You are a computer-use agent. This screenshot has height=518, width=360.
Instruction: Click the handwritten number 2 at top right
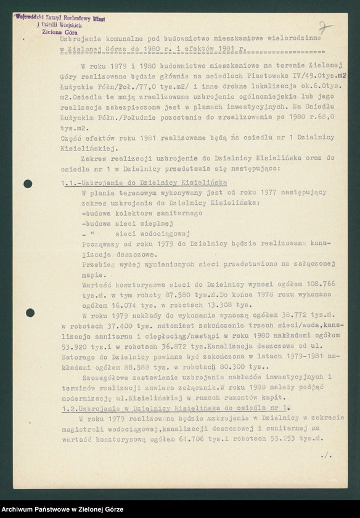click(325, 28)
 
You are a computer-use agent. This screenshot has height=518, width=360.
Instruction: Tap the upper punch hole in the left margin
click(28, 184)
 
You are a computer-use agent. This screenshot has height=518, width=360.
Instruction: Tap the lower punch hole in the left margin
click(30, 313)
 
